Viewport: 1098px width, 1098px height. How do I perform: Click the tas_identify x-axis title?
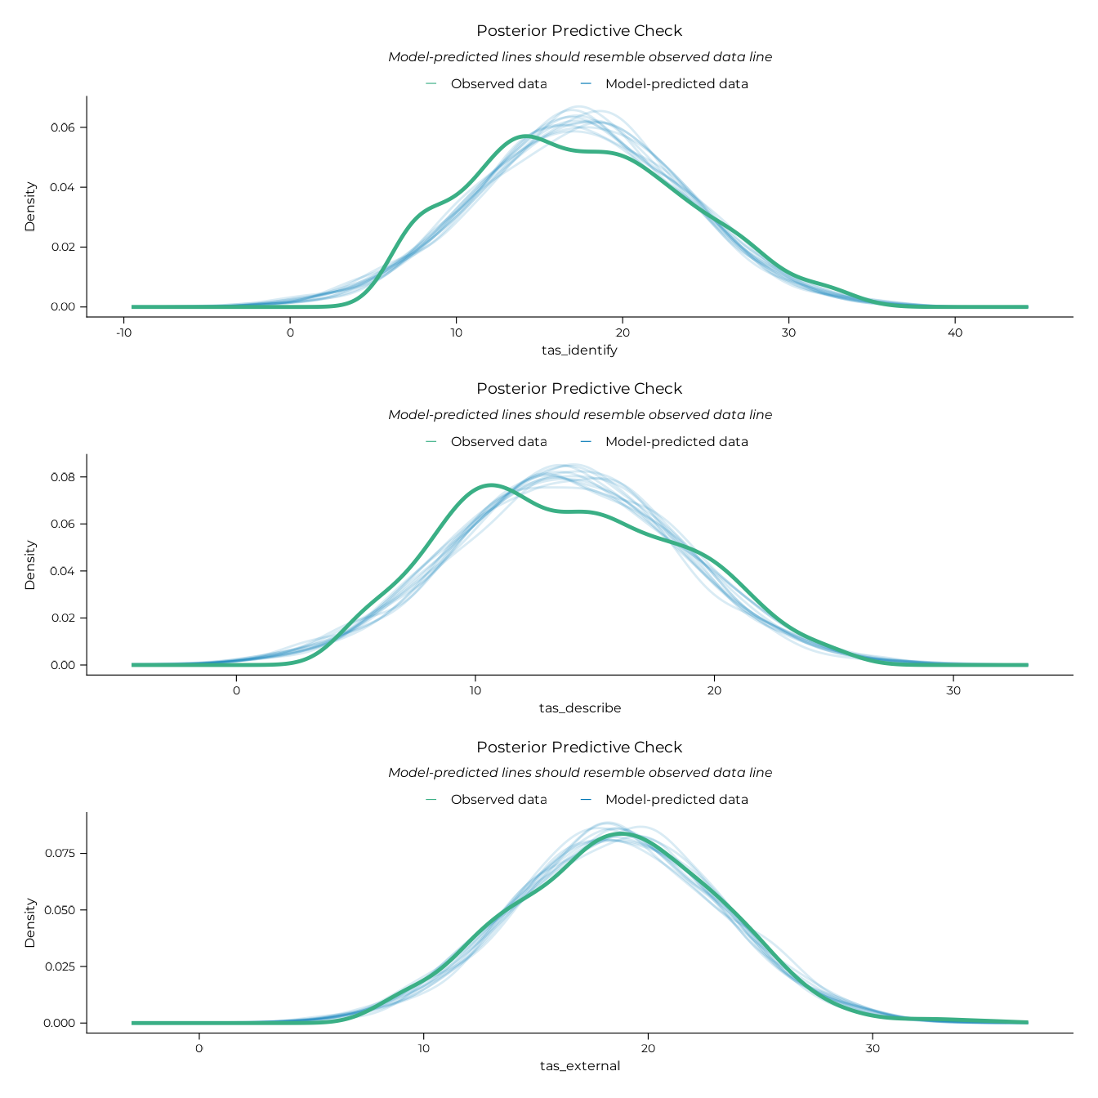pyautogui.click(x=579, y=350)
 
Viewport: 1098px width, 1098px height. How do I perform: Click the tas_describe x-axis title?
pyautogui.click(x=579, y=708)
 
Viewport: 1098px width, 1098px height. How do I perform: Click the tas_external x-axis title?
pyautogui.click(x=579, y=1066)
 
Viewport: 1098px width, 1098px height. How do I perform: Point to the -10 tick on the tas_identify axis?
pyautogui.click(x=124, y=333)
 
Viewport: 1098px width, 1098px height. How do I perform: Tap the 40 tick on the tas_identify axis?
pyautogui.click(x=955, y=333)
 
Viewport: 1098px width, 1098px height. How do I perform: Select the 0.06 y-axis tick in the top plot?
pyautogui.click(x=63, y=127)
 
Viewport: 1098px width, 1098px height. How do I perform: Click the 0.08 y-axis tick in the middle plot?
pyautogui.click(x=63, y=477)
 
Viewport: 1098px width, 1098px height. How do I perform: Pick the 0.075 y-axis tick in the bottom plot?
pyautogui.click(x=60, y=853)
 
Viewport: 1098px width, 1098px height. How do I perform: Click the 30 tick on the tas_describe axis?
pyautogui.click(x=953, y=690)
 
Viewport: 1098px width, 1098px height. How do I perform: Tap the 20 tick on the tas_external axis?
pyautogui.click(x=648, y=1048)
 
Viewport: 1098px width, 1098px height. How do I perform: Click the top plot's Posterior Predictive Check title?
pyautogui.click(x=579, y=31)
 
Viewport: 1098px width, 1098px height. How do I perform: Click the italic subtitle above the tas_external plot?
pyautogui.click(x=579, y=773)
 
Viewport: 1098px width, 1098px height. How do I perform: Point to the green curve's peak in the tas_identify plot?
pyautogui.click(x=525, y=136)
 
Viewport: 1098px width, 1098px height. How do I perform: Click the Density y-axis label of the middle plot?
pyautogui.click(x=30, y=565)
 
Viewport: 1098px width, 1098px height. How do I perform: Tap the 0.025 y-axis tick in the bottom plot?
pyautogui.click(x=60, y=966)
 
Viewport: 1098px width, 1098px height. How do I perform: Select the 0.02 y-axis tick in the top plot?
pyautogui.click(x=63, y=247)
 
